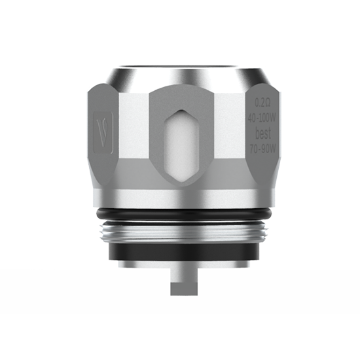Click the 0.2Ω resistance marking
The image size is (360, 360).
[x=262, y=102]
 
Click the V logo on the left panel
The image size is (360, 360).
[x=103, y=126]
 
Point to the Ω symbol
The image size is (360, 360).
[x=267, y=102]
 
